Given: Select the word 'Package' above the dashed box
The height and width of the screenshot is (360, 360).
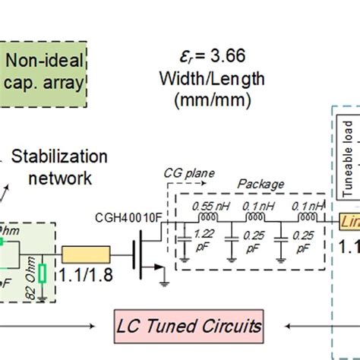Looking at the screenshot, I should tap(263, 184).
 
